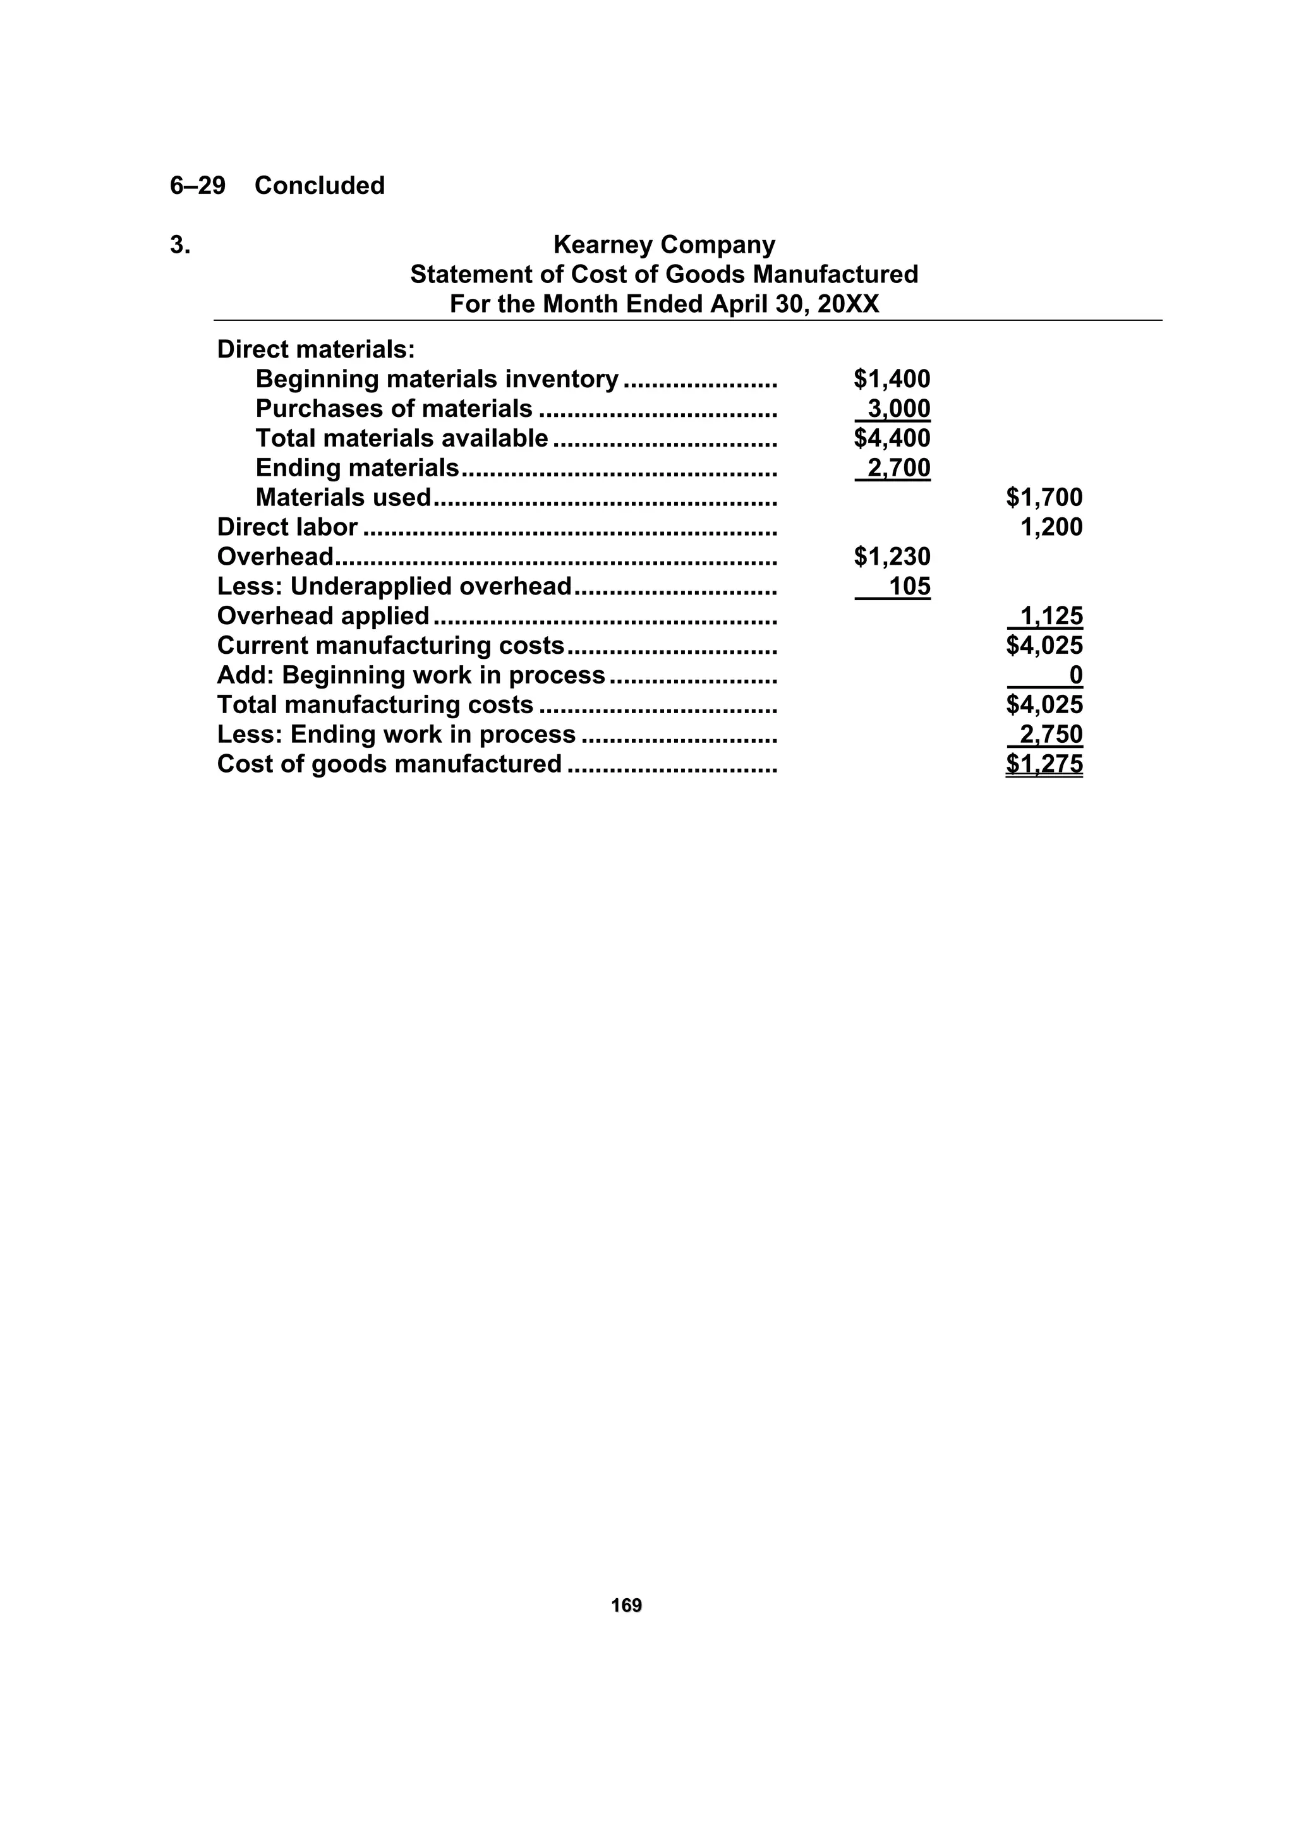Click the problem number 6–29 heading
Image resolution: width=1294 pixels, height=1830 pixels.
click(198, 186)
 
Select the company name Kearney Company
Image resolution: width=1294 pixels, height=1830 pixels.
click(663, 244)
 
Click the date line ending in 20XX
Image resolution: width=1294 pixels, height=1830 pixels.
click(663, 304)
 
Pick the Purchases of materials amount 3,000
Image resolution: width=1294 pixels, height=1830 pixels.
click(898, 409)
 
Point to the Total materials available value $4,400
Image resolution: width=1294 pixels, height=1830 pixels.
click(892, 438)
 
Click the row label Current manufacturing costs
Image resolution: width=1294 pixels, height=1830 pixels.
click(390, 646)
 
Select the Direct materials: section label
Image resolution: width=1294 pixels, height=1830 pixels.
click(316, 350)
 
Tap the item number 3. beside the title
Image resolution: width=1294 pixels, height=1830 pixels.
click(180, 244)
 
